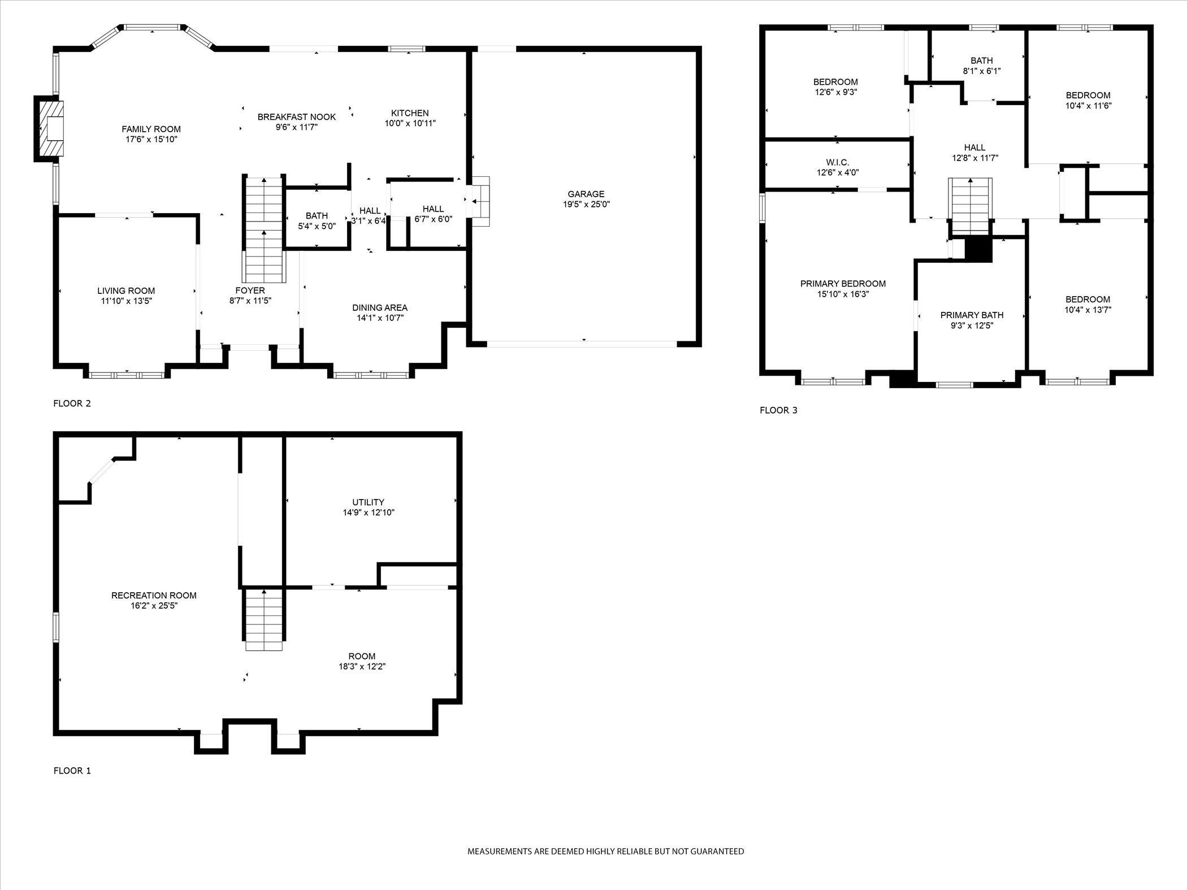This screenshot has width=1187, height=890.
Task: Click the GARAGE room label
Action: [x=586, y=194]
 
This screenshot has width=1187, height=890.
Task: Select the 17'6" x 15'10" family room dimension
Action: [x=151, y=140]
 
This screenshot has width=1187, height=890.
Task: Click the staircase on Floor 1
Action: [x=263, y=620]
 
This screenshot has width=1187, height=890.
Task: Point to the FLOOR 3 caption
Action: [x=778, y=410]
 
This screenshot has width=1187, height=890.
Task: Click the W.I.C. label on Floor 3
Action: [x=837, y=163]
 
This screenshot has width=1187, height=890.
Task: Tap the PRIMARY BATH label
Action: [x=972, y=315]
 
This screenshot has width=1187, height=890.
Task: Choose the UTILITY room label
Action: [x=368, y=502]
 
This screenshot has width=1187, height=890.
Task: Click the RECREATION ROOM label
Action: [x=154, y=596]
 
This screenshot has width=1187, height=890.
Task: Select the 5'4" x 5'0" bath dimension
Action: [x=317, y=226]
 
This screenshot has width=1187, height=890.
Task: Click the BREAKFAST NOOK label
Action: [x=296, y=117]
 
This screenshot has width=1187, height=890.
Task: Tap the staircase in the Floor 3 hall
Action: [x=971, y=206]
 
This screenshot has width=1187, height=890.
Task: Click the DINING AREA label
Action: [x=379, y=308]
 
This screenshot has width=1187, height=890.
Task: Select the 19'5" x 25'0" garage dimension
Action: [x=586, y=205]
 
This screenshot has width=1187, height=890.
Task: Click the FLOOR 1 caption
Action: [x=72, y=771]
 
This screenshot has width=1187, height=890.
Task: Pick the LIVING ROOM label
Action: [x=126, y=291]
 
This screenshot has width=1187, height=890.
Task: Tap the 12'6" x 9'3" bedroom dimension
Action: [x=835, y=92]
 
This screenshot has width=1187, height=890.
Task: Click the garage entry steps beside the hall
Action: [x=480, y=202]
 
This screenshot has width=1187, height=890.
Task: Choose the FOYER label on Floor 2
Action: [x=250, y=291]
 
